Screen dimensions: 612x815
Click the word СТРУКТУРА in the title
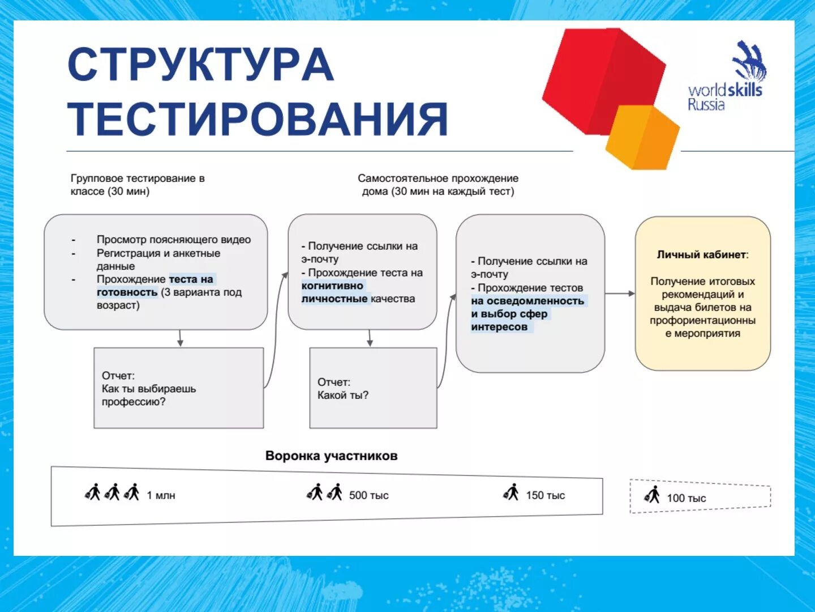(201, 65)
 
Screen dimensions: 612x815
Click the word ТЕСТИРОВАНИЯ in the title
(258, 119)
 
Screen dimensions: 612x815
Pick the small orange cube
(642, 138)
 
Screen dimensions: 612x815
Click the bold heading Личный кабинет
(702, 255)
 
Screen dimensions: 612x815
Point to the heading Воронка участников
(331, 456)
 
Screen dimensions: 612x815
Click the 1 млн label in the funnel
(161, 495)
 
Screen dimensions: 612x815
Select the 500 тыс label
(368, 495)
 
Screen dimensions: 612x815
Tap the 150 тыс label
(545, 495)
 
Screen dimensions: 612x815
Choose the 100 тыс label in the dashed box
(686, 498)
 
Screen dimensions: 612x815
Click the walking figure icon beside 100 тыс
(653, 495)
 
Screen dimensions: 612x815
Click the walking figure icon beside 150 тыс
(512, 492)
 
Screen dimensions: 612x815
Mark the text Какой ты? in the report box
(343, 396)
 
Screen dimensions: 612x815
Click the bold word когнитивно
(332, 286)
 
